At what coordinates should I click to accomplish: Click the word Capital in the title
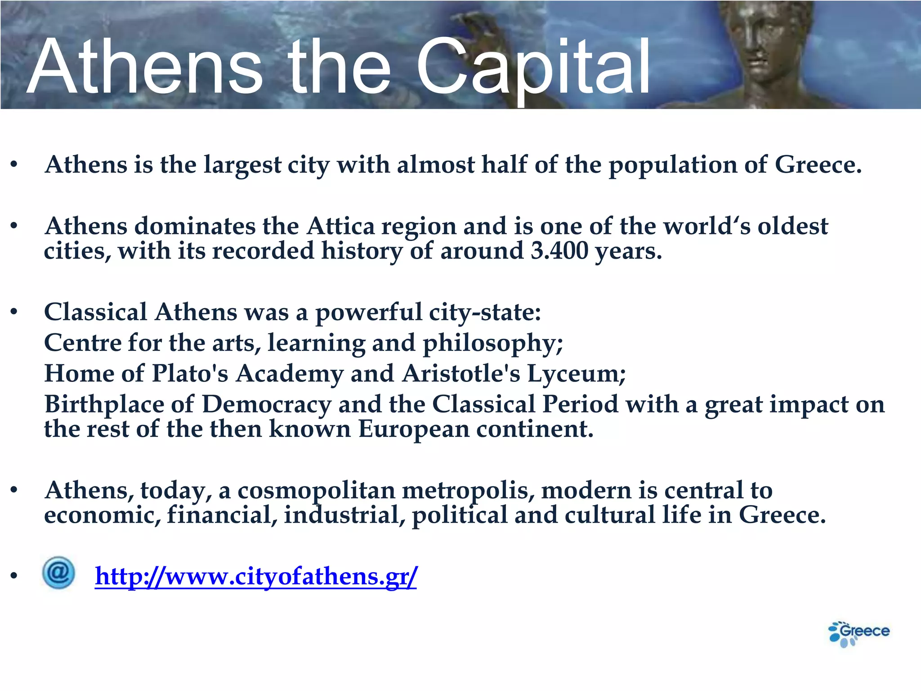point(533,67)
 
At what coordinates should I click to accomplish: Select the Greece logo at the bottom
point(859,633)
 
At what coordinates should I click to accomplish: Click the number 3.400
point(559,251)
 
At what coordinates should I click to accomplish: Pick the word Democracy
point(266,404)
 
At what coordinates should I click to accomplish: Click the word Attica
point(340,226)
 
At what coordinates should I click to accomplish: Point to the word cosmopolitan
point(316,490)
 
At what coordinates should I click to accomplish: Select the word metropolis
point(468,490)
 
